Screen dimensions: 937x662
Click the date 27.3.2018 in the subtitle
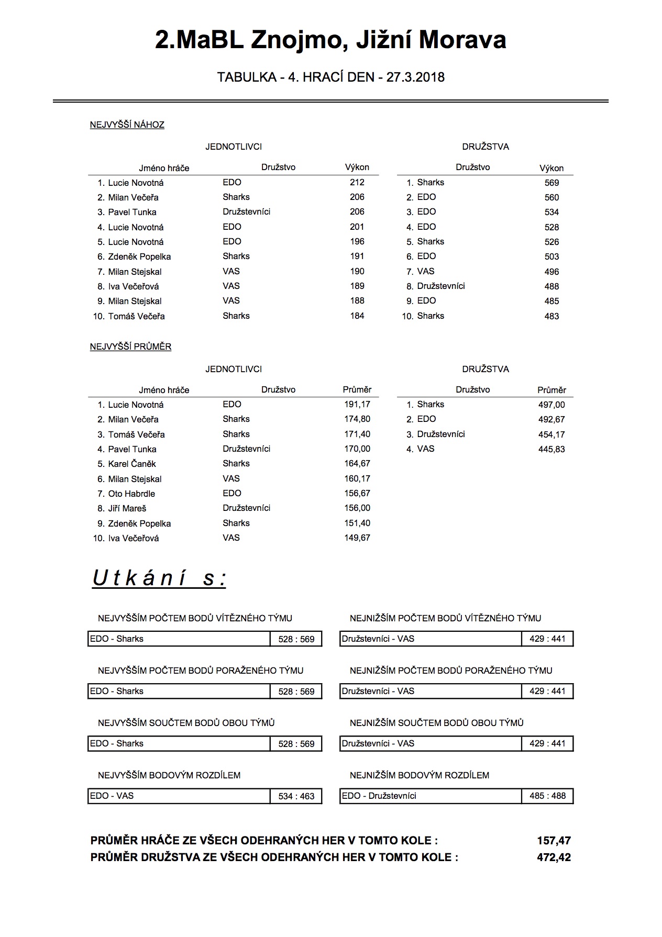coord(415,77)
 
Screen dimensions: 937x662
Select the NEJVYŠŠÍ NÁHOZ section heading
coord(127,125)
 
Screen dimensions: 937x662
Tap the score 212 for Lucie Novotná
coord(357,183)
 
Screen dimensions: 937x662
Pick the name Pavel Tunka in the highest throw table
coord(132,213)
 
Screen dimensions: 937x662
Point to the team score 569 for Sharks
coord(551,183)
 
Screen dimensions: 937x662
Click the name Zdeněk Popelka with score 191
coord(139,257)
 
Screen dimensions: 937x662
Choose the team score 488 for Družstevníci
coord(551,287)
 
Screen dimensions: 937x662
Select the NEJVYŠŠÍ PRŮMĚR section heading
coord(131,347)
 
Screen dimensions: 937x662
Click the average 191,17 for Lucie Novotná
coord(357,405)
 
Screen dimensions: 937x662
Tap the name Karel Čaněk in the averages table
coord(132,464)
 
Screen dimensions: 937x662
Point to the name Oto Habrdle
coord(131,494)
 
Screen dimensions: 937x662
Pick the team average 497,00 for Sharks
coord(551,405)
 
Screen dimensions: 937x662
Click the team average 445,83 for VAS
coord(551,450)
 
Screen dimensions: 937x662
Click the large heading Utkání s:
coord(159,578)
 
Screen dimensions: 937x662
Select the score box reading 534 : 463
coord(296,797)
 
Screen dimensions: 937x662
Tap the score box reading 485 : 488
coord(547,796)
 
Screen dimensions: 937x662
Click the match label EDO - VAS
coord(112,796)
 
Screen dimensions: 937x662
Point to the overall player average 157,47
coord(554,841)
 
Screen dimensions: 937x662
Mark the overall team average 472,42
coord(554,858)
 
